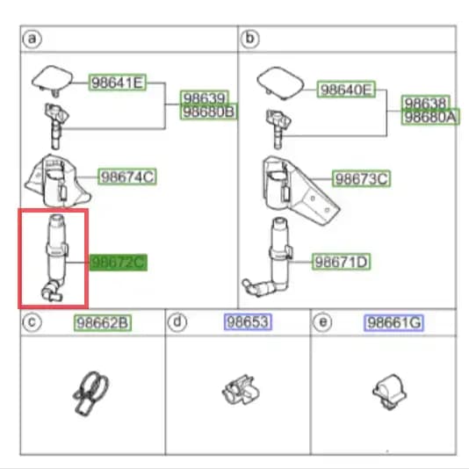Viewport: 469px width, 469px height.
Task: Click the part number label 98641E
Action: (118, 83)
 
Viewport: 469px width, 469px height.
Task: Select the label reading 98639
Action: (205, 97)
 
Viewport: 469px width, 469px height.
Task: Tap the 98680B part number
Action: (209, 112)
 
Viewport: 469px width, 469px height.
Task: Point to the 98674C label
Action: (127, 177)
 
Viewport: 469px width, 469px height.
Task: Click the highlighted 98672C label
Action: (119, 263)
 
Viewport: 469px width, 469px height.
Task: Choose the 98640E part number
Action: (346, 89)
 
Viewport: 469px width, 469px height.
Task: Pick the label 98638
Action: (426, 103)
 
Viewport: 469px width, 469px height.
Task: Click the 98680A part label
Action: (430, 117)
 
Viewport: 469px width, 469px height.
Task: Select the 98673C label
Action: (361, 179)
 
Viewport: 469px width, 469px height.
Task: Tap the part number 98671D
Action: (341, 262)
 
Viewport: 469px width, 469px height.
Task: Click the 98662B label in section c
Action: (103, 322)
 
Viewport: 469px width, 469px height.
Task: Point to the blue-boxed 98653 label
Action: (248, 321)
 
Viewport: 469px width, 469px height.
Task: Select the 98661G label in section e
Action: (394, 322)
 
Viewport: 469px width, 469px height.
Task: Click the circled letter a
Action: (32, 39)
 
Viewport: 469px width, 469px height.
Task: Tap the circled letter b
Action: (249, 39)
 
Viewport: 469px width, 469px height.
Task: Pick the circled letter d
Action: (177, 322)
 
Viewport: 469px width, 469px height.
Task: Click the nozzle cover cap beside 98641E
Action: (53, 80)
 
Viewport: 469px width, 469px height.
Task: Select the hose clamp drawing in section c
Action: (90, 393)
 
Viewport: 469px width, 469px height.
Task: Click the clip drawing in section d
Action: (241, 390)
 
